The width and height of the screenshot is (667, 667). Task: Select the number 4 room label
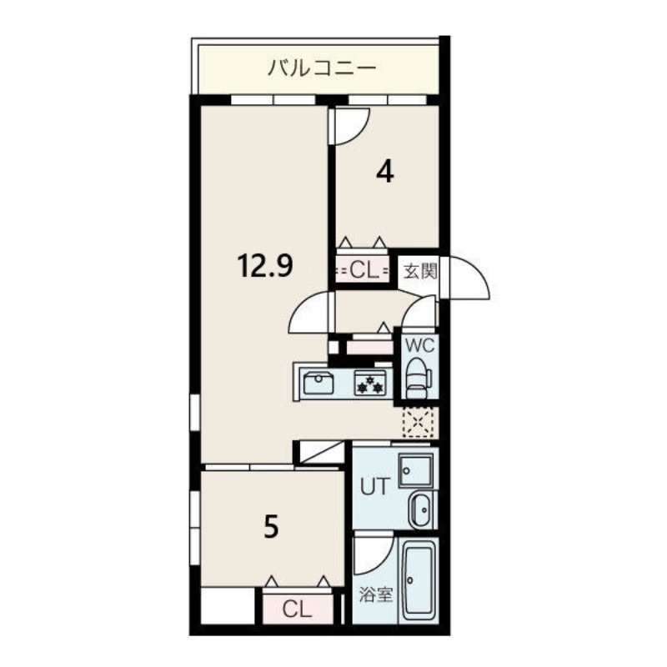tap(384, 172)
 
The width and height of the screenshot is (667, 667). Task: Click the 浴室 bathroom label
tap(375, 595)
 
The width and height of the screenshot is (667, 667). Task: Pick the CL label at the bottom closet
tap(295, 609)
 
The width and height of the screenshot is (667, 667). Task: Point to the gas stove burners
tap(369, 384)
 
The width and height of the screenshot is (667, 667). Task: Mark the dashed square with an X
tap(418, 422)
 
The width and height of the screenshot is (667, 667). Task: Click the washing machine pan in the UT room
tap(414, 471)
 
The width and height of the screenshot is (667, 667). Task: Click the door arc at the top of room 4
tap(351, 125)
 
